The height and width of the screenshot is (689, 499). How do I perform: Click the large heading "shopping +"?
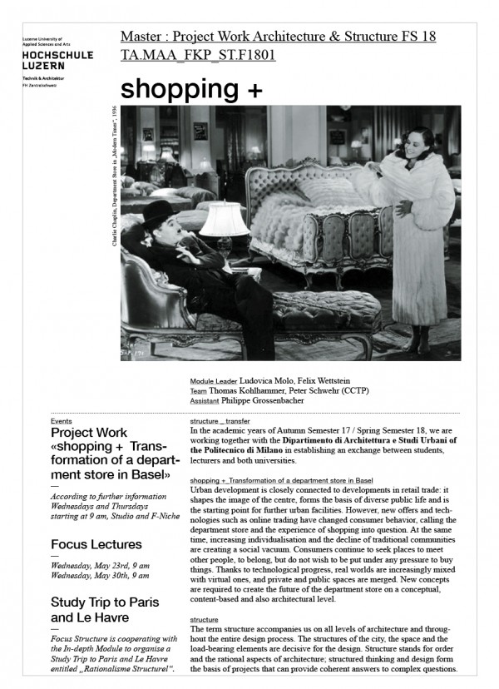click(x=190, y=88)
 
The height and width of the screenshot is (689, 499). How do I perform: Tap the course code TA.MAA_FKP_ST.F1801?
click(x=198, y=55)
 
